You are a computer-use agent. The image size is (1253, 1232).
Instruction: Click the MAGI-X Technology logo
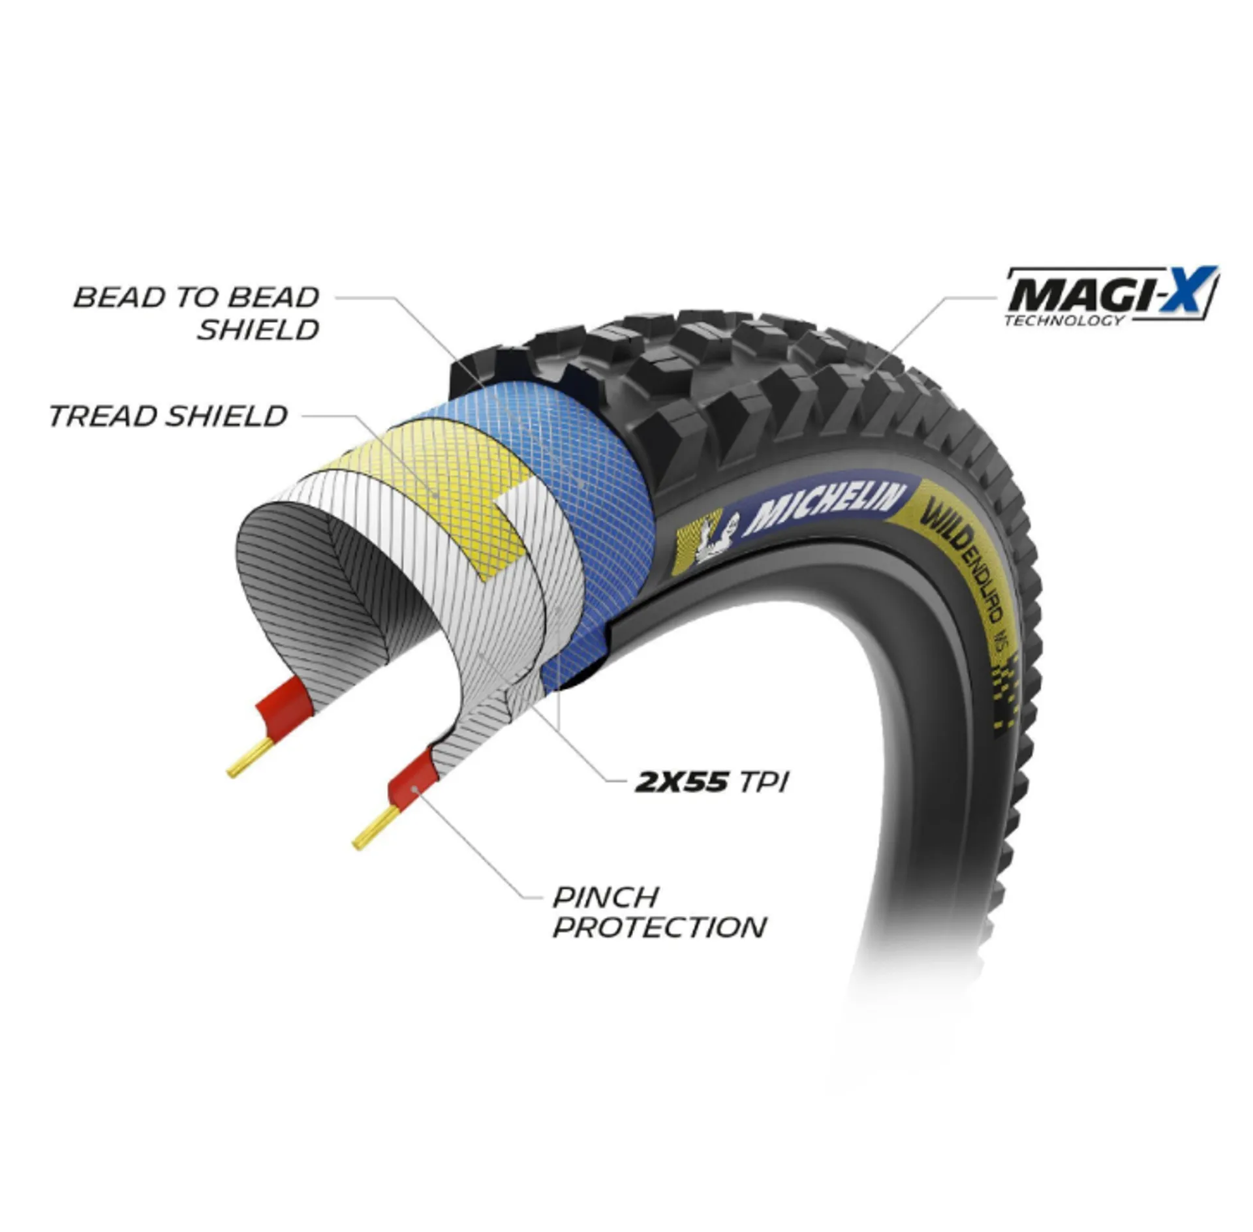click(1111, 296)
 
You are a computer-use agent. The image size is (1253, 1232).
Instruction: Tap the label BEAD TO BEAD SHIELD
click(196, 314)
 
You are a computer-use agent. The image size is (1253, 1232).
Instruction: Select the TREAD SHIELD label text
click(168, 416)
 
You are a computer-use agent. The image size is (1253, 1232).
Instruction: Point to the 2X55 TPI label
click(711, 781)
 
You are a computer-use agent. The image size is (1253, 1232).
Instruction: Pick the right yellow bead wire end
click(375, 828)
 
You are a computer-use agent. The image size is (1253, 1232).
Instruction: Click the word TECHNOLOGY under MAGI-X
click(1064, 320)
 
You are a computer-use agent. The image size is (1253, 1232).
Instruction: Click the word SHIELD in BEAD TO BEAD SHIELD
click(258, 331)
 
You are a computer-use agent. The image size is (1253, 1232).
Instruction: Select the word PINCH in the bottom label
click(606, 898)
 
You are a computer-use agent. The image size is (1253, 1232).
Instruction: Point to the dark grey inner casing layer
click(326, 587)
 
